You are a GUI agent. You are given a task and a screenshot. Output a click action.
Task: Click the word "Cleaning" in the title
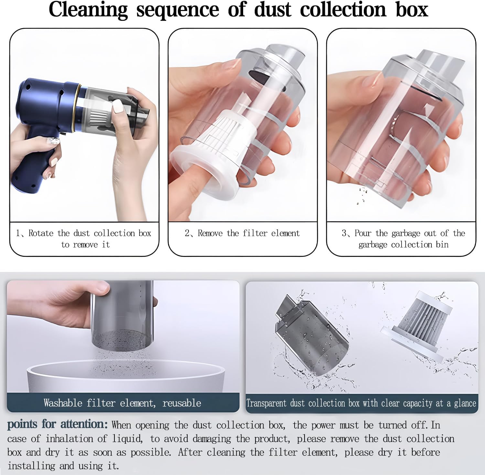(x=88, y=10)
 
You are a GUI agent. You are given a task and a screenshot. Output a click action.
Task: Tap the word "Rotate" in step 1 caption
(x=41, y=233)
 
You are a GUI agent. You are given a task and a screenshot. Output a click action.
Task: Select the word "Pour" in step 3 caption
(x=363, y=233)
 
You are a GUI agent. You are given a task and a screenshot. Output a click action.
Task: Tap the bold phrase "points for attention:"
(x=57, y=424)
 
